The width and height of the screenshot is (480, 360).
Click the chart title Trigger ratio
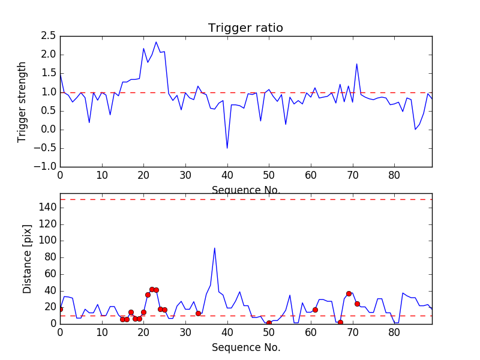pos(245,28)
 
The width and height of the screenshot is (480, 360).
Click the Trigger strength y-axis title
pos(22,101)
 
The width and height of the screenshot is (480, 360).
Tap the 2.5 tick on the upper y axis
pos(48,36)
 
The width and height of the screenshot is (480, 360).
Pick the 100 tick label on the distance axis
pos(48,241)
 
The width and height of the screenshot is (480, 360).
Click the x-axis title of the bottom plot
pos(245,347)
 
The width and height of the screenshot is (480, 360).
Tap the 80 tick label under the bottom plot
pos(394,331)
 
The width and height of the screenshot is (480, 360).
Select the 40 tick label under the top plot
pos(227,175)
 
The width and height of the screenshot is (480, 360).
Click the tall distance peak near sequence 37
pos(215,248)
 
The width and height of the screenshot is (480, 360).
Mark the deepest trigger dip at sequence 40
pos(227,148)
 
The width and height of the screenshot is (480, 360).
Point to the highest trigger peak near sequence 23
pos(156,42)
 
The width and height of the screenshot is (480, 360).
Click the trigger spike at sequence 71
pos(356,64)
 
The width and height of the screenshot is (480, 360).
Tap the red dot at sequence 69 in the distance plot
pos(349,293)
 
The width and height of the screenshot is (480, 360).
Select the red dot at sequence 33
pos(198,313)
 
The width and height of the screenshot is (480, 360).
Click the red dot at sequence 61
pos(315,310)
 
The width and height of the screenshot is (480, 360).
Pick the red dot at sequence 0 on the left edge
pos(60,309)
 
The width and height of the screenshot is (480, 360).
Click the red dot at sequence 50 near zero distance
pos(269,323)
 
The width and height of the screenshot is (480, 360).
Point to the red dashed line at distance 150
pos(245,199)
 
